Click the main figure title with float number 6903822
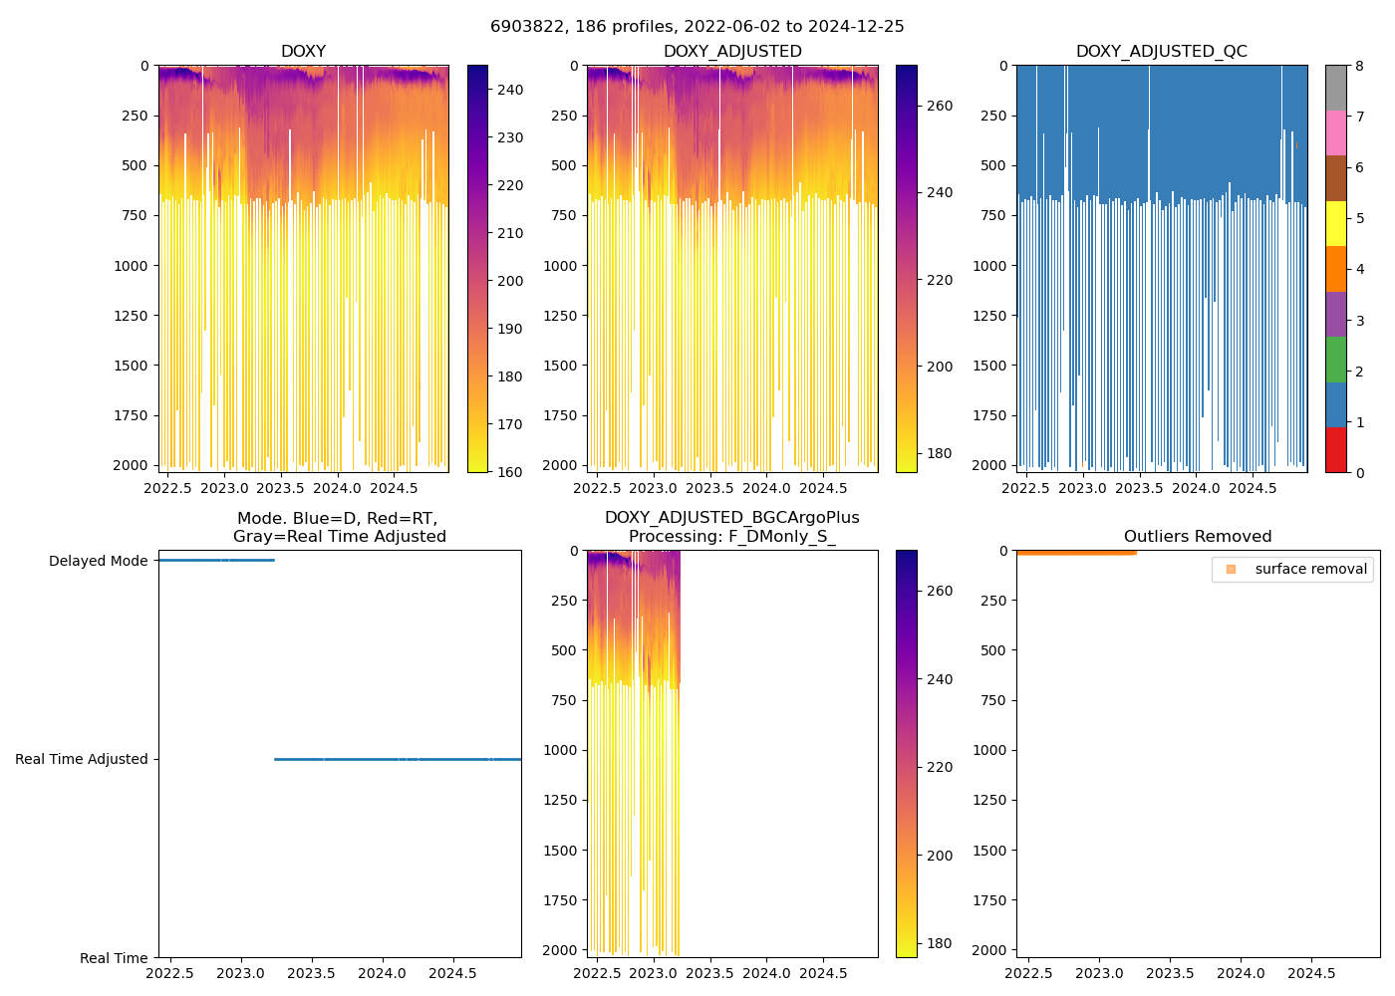tap(697, 27)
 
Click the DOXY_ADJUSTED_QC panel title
tap(1161, 51)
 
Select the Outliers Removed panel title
tap(1197, 536)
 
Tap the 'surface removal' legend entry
tap(1310, 569)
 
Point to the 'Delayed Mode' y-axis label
tap(98, 561)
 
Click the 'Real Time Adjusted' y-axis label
tap(81, 759)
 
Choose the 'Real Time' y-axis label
tap(114, 958)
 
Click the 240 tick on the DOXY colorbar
tap(510, 90)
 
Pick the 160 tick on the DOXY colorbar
tap(510, 472)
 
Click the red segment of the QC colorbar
tap(1336, 450)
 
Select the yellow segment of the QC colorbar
tap(1336, 223)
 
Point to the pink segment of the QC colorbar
tap(1336, 132)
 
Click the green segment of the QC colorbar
tap(1336, 359)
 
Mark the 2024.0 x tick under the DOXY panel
tap(338, 488)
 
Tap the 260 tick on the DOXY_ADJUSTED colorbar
tap(939, 106)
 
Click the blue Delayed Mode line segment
tap(215, 561)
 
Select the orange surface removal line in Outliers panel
tap(1076, 552)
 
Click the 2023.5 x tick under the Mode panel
tap(312, 973)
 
